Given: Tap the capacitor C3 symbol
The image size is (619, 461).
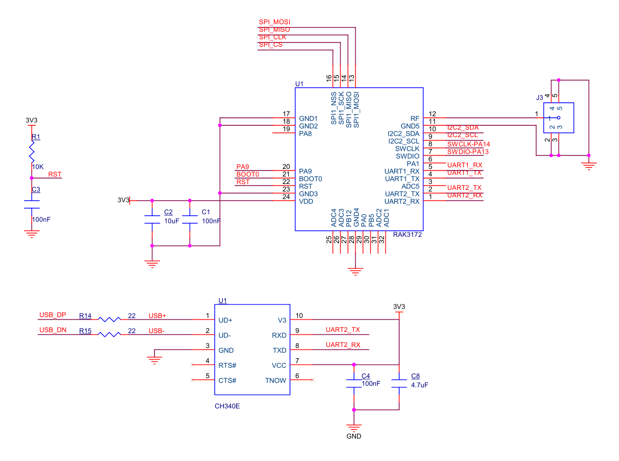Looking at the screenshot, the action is [x=32, y=204].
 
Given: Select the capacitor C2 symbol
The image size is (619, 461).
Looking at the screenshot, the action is [x=152, y=219].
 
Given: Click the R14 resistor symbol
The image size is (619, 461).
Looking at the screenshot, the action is [x=109, y=319].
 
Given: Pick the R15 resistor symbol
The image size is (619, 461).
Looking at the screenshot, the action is [x=109, y=334].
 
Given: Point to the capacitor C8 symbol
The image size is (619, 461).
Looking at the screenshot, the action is [x=399, y=384].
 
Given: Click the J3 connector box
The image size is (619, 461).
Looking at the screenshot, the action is [x=559, y=118].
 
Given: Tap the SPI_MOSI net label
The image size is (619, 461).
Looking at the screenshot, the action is [x=274, y=22].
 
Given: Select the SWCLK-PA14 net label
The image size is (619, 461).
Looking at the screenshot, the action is [x=468, y=144].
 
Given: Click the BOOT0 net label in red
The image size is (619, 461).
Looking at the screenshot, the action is [x=247, y=174].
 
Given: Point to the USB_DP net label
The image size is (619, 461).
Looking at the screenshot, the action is [x=53, y=315].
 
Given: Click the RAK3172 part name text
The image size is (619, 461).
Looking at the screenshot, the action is [x=408, y=235].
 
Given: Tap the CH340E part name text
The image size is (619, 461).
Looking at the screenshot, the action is [x=227, y=406].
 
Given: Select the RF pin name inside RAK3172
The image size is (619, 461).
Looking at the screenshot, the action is [x=415, y=118].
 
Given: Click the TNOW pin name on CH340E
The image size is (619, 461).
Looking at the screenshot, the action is [x=275, y=380].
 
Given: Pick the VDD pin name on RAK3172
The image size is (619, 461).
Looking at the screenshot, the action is [x=306, y=202].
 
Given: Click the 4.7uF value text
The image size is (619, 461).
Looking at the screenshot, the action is [x=419, y=385].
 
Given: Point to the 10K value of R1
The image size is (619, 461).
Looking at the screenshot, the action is [x=38, y=167].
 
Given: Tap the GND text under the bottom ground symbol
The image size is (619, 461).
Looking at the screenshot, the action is [x=354, y=436].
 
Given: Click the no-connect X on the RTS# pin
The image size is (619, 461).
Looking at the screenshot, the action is [x=192, y=365].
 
